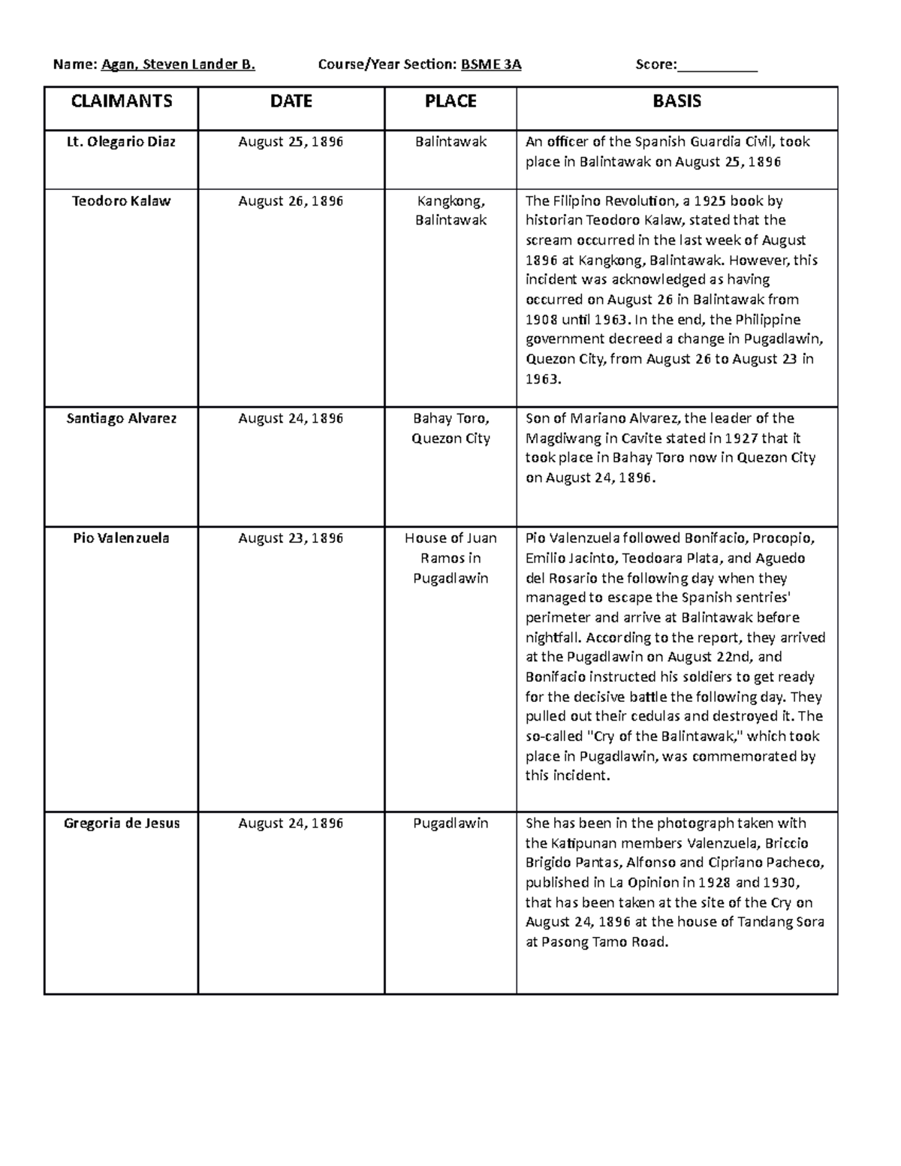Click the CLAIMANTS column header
122,101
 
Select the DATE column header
291,101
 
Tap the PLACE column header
450,101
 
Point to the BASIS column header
677,101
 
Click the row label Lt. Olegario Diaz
122,141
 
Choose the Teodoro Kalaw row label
122,200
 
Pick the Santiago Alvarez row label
122,418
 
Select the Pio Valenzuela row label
122,538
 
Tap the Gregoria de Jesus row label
122,823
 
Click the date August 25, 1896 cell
291,141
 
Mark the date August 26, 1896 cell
291,200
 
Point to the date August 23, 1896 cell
291,538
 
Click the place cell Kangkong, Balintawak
450,210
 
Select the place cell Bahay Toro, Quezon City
450,428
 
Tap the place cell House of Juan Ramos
450,558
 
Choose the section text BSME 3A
491,65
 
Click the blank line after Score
717,66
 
